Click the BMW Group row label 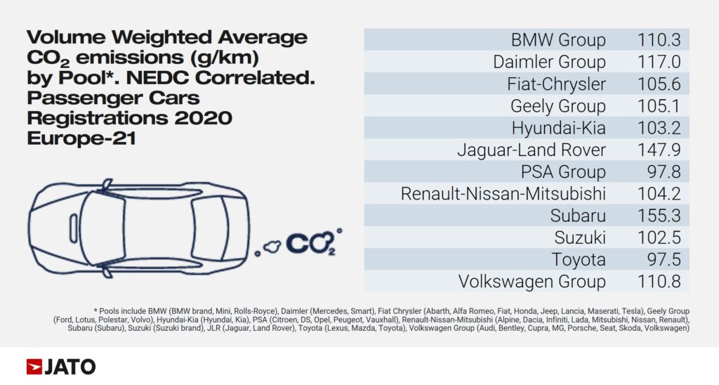(558, 40)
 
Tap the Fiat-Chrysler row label (556, 84)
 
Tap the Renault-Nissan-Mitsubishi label (503, 194)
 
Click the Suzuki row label (579, 237)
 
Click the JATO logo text (70, 367)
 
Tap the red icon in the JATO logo (34, 367)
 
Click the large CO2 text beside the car (308, 243)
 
